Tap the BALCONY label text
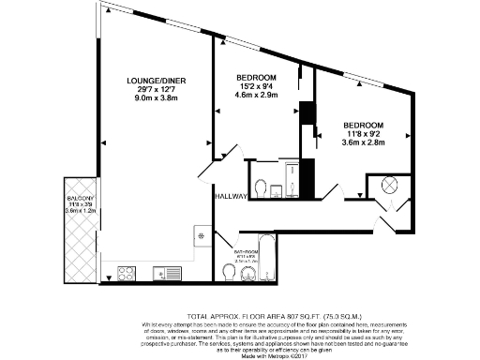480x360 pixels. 79,200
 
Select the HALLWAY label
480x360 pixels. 230,197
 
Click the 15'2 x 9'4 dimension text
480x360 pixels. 255,86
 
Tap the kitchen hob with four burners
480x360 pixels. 127,274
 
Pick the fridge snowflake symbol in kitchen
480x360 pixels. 201,235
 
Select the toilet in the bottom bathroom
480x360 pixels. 230,272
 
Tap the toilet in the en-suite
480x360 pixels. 262,184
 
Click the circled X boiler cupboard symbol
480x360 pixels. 390,185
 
